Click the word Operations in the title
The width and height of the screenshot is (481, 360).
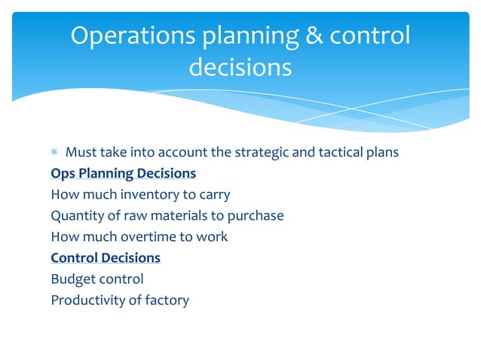(129, 36)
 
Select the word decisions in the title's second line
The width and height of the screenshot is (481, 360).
(240, 68)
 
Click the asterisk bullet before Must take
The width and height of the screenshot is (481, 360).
(54, 153)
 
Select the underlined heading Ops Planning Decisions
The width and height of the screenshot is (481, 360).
(123, 173)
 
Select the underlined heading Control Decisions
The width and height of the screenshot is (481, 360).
(106, 258)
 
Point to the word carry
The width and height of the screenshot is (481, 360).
(213, 194)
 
